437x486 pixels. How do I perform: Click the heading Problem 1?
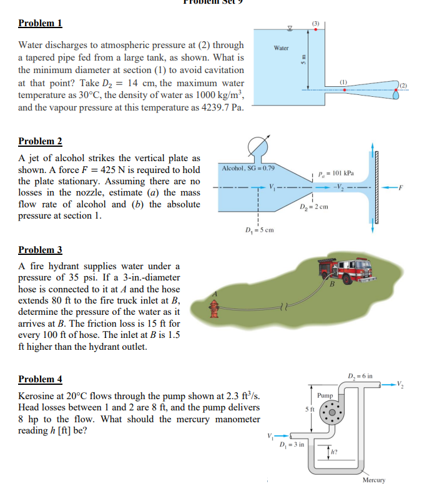tap(40, 24)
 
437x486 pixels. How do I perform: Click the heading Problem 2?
tap(40, 141)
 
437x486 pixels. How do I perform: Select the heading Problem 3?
tap(40, 250)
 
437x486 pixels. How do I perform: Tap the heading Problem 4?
tap(40, 379)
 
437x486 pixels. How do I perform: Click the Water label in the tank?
tap(282, 47)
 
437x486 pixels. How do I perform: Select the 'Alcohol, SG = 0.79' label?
tap(248, 169)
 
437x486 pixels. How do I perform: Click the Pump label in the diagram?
tap(325, 395)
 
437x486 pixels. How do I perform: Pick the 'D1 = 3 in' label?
tap(293, 444)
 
